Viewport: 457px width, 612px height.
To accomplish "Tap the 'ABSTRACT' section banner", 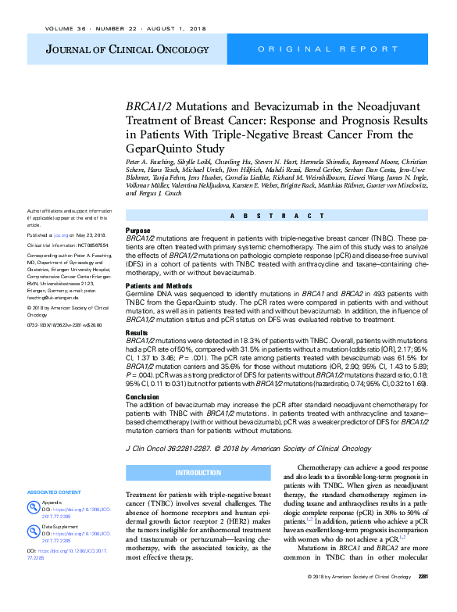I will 277,216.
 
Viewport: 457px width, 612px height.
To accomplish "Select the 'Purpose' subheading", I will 138,231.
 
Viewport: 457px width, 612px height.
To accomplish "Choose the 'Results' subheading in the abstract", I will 137,332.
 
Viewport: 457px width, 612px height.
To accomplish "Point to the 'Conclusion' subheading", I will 142,397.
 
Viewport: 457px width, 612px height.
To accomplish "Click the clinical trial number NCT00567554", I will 87,245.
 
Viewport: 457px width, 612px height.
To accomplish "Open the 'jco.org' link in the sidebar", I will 60,234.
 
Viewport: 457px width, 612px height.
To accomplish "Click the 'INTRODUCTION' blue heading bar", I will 198,474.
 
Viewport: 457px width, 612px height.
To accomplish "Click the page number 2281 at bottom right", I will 422,599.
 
